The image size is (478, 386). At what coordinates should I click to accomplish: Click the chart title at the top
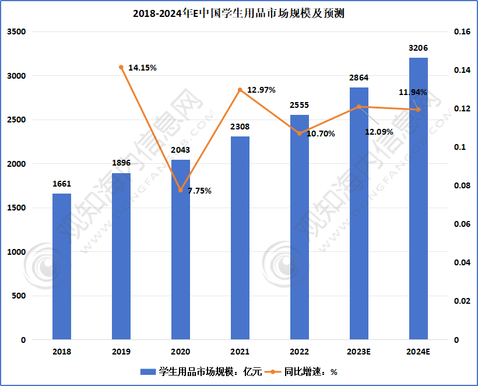239,13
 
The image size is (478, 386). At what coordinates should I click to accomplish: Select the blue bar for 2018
62,266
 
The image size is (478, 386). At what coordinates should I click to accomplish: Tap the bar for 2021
240,237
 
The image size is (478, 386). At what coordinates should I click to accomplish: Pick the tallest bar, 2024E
419,198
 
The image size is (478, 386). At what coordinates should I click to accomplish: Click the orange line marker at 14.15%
121,67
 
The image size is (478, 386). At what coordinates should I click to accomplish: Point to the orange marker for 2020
181,190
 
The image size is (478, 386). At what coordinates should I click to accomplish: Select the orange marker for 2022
300,134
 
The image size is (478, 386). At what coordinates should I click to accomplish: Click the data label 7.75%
199,191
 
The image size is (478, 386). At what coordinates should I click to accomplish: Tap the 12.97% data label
261,90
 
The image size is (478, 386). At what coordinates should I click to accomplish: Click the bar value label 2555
300,106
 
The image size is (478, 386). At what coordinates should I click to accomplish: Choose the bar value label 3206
419,48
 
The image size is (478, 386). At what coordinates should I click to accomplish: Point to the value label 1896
121,163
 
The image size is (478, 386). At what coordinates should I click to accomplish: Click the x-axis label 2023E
359,352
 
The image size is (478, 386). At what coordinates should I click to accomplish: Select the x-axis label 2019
121,352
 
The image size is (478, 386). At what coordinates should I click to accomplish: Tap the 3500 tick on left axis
16,32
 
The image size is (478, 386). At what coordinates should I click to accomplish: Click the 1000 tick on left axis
16,252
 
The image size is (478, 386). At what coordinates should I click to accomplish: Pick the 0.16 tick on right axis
462,32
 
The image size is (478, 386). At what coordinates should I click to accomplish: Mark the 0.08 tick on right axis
462,186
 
